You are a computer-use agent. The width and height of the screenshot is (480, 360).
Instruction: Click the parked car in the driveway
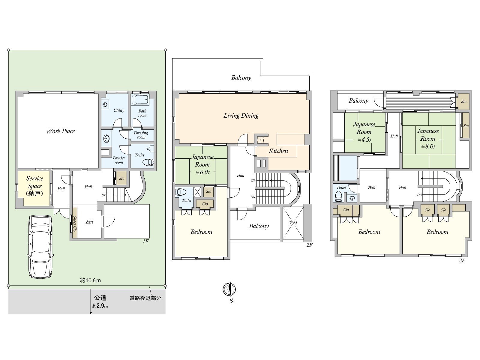(40, 247)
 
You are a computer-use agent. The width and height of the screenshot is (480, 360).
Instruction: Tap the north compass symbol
(229, 290)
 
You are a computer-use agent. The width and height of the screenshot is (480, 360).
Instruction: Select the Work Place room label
(61, 131)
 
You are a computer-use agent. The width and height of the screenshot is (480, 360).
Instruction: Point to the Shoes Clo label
(75, 224)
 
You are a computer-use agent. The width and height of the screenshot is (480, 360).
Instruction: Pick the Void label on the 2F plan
(293, 223)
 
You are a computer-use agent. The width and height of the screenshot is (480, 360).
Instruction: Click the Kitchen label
(278, 151)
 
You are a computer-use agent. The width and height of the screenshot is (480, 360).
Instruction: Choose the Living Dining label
(241, 115)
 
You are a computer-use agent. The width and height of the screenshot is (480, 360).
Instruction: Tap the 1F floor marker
(145, 241)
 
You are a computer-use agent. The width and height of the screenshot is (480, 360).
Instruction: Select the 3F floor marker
(462, 260)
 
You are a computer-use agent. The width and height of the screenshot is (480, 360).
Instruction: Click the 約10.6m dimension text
(90, 280)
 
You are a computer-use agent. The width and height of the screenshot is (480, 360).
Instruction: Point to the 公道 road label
(100, 298)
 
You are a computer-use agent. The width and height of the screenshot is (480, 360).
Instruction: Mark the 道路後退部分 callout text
(145, 298)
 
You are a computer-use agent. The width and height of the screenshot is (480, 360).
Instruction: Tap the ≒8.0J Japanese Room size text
(428, 146)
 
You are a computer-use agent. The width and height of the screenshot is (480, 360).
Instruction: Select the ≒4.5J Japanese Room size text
(364, 140)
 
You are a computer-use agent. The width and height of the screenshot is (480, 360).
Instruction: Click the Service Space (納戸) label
(34, 186)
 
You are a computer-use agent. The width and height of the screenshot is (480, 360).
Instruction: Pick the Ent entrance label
(89, 222)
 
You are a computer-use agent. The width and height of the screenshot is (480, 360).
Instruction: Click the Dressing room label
(141, 135)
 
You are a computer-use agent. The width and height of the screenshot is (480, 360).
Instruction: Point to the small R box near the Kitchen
(260, 140)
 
